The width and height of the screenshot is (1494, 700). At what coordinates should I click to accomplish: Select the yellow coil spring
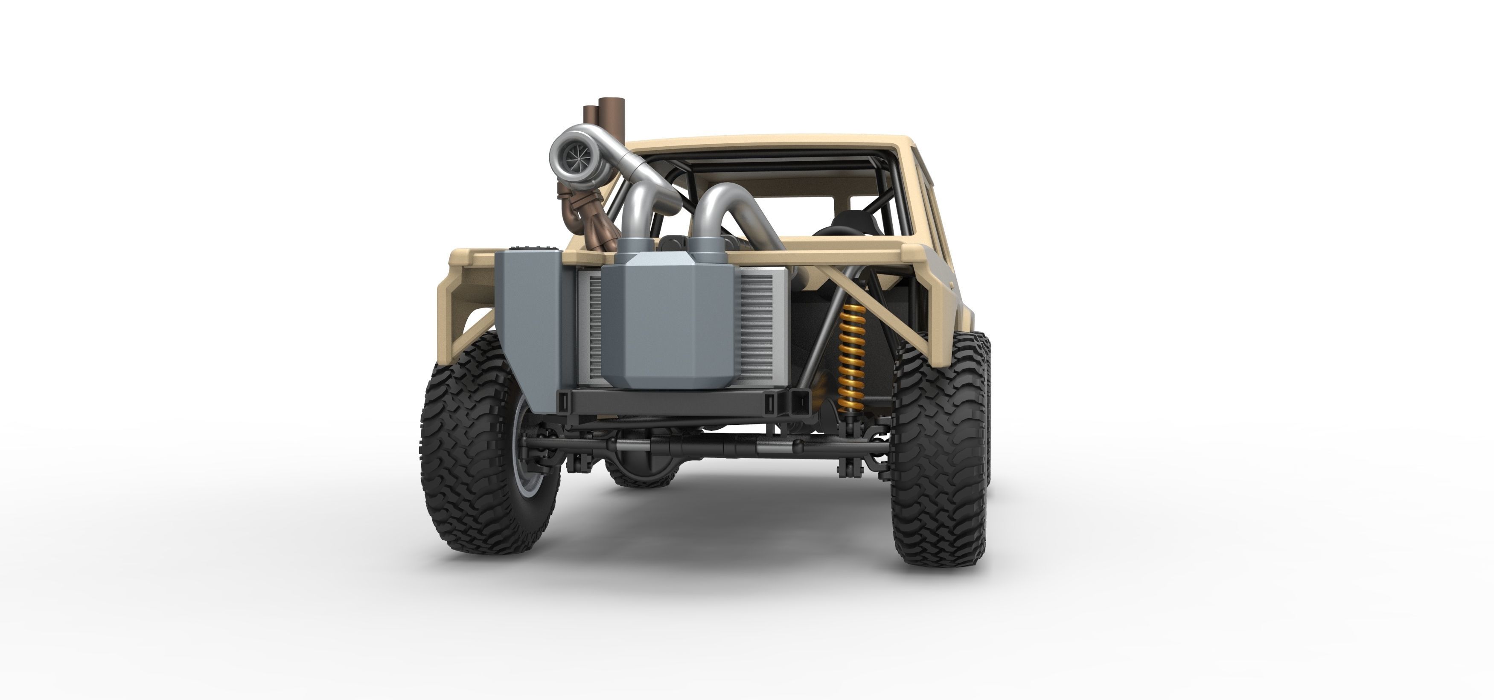(852, 357)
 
